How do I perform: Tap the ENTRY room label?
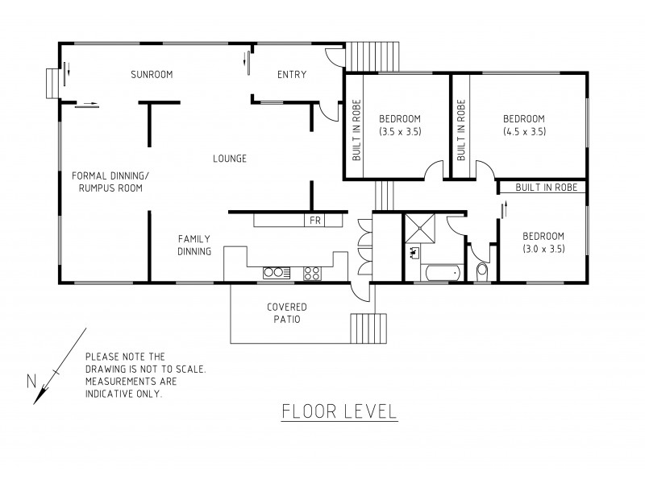[x=291, y=75]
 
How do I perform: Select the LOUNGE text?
[x=230, y=158]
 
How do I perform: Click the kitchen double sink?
[x=274, y=272]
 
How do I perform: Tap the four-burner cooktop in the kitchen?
[x=312, y=273]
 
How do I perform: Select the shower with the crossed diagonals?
[x=419, y=229]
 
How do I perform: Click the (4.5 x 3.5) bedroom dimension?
[x=524, y=131]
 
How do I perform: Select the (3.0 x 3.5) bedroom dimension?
[x=543, y=249]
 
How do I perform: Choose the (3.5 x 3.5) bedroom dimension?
[x=400, y=131]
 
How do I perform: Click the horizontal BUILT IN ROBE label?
[x=541, y=187]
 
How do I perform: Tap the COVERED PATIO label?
[x=287, y=313]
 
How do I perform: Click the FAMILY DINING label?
[x=194, y=245]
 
